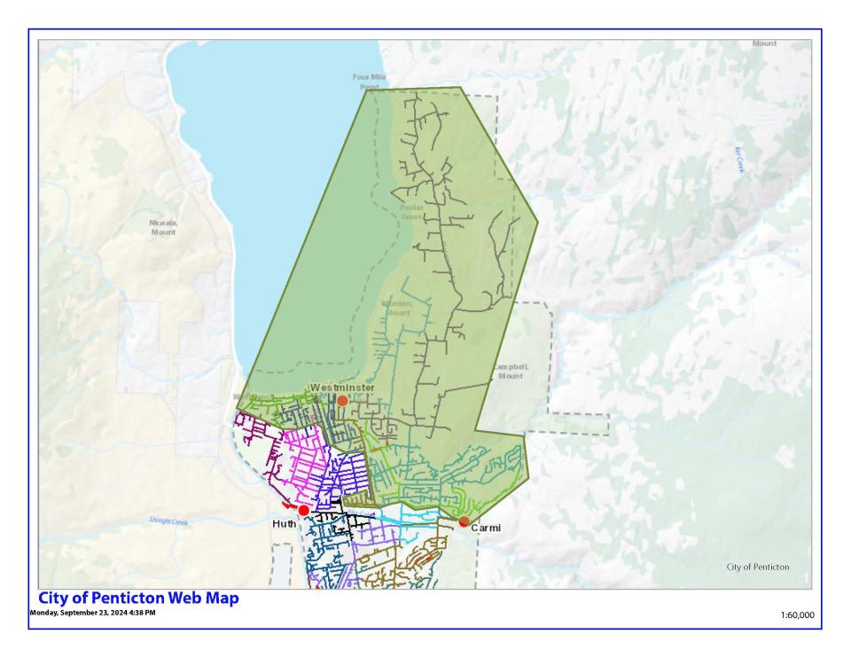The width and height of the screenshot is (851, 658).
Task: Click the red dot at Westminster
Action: [342, 401]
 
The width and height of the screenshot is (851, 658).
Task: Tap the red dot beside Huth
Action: [304, 511]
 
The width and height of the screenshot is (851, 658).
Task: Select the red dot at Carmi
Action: [464, 521]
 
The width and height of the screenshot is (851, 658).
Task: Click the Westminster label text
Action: [342, 388]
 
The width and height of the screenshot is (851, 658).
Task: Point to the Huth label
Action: [285, 525]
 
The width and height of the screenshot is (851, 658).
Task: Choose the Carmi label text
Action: [486, 528]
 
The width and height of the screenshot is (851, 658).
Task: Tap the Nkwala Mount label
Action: [163, 227]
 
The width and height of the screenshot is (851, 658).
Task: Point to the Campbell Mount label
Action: [510, 371]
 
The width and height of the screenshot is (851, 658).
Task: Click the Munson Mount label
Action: [397, 308]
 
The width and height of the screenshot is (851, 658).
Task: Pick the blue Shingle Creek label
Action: [168, 521]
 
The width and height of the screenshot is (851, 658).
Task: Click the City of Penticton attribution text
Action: [757, 567]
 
